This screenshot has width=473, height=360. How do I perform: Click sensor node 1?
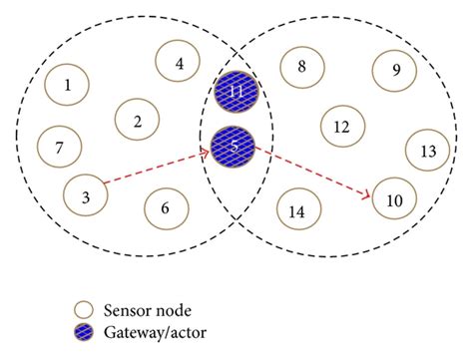67,85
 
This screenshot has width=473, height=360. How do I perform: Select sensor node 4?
179,63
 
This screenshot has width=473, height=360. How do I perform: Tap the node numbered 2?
137,121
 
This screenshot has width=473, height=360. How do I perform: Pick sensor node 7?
59,148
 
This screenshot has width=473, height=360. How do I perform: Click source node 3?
86,195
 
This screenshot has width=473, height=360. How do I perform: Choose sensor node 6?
166,208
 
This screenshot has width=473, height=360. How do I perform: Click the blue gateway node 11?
236,92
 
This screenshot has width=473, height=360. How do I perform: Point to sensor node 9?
395,70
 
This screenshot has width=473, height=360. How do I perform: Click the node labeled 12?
341,127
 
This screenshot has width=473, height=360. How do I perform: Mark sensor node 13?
428,151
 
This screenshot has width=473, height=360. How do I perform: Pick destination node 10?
394,200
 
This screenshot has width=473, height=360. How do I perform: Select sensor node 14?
295,210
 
